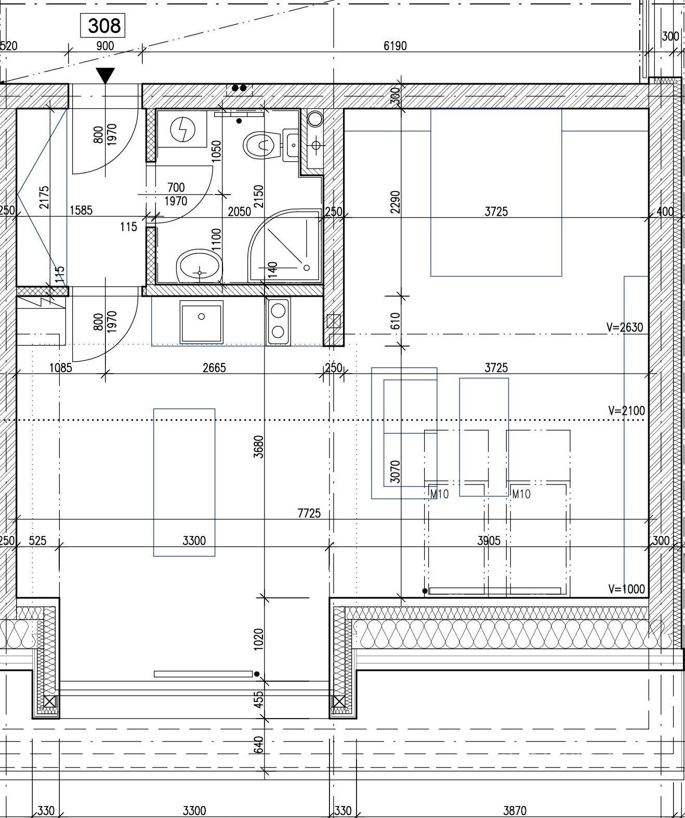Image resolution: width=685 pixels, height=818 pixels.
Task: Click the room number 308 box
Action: coord(102,25)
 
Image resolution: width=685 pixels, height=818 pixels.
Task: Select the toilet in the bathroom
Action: coord(262,144)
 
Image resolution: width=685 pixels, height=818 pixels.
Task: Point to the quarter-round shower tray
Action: coord(284,245)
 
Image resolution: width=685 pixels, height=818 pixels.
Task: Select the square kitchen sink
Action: coord(201,322)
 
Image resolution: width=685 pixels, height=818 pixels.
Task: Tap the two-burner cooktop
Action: coord(278,322)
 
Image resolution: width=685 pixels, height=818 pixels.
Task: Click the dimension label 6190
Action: coord(395,46)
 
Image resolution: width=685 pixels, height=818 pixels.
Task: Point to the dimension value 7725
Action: coord(309,513)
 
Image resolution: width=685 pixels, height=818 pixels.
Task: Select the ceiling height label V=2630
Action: coord(624,327)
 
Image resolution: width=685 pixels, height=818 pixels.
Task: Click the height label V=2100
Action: coord(626,411)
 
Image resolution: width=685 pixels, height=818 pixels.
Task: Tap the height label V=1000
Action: coord(626,589)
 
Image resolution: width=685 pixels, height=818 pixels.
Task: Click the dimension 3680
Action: coord(259,446)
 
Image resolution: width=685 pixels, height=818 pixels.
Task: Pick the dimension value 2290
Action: coord(396,202)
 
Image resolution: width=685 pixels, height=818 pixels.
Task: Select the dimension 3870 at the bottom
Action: coord(515,810)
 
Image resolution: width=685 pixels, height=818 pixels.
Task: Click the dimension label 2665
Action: coord(214,367)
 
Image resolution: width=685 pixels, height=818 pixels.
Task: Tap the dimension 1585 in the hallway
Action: coord(81,210)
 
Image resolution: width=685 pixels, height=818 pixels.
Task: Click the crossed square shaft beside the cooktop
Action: coord(333,321)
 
